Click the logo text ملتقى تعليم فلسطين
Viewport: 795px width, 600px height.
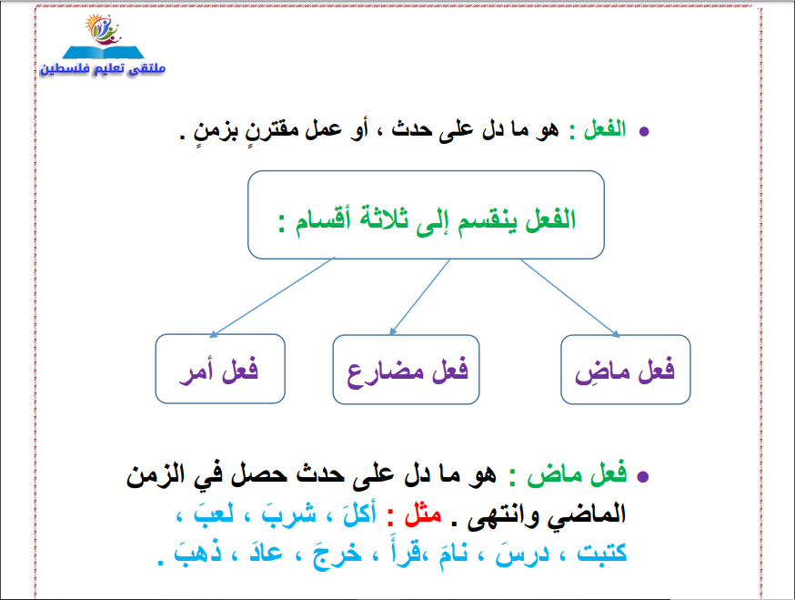click(103, 68)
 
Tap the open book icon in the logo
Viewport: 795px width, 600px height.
click(104, 52)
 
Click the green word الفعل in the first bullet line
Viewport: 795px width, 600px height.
click(605, 129)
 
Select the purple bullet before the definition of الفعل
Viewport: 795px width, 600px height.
click(644, 132)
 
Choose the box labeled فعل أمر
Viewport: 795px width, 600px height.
click(220, 369)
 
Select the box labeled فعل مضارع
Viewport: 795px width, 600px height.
click(406, 370)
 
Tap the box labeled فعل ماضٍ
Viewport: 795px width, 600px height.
click(626, 370)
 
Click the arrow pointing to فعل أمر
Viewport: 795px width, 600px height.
click(272, 297)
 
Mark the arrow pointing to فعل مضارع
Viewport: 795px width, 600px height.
click(419, 297)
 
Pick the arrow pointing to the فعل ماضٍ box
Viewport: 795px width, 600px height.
click(571, 299)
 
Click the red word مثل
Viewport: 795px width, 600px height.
click(423, 515)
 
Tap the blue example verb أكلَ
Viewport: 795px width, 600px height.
click(359, 514)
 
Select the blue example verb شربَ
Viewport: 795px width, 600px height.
click(288, 514)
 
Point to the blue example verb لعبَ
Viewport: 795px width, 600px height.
click(214, 513)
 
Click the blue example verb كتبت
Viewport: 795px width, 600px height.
click(602, 553)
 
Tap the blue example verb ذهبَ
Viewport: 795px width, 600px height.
click(197, 552)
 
